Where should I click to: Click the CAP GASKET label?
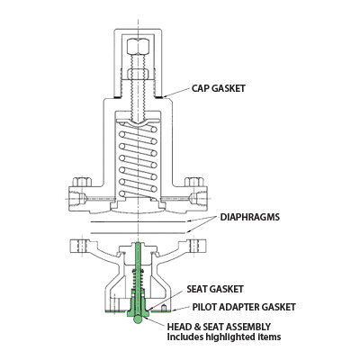pyautogui.click(x=219, y=89)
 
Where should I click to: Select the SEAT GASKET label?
pyautogui.click(x=211, y=290)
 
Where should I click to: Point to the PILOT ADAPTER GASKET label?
pyautogui.click(x=232, y=307)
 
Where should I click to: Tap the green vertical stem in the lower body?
pyautogui.click(x=138, y=270)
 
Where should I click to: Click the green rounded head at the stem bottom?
pyautogui.click(x=138, y=315)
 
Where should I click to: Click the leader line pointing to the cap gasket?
pyautogui.click(x=177, y=93)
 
